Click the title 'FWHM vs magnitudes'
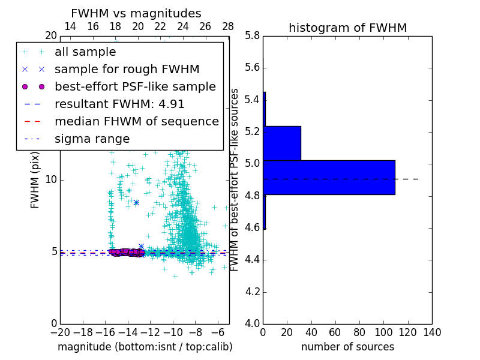[x=136, y=14]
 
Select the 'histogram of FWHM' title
[x=347, y=28]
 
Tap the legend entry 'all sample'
[x=85, y=52]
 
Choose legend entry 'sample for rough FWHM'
[x=127, y=70]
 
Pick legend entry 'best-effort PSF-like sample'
[x=135, y=87]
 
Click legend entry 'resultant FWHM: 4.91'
[x=119, y=104]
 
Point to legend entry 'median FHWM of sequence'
[x=136, y=122]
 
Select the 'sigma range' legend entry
[x=92, y=139]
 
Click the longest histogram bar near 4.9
[x=329, y=178]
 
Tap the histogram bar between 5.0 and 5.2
[x=282, y=143]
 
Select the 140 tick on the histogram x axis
[x=432, y=332]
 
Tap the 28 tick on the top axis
[x=228, y=27]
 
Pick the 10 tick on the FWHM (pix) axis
[x=51, y=180]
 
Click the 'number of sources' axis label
[x=347, y=347]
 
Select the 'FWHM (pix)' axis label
[x=35, y=181]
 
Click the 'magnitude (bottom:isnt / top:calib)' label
[x=145, y=347]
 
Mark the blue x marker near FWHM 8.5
[x=136, y=203]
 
